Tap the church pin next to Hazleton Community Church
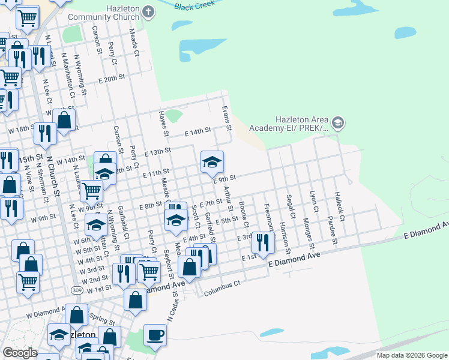[149, 11]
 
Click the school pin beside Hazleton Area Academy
[338, 123]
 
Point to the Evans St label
[227, 119]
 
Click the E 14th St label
[197, 131]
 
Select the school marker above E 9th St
[212, 162]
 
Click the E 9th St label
[224, 178]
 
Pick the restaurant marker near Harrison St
[262, 242]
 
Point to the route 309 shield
[76, 290]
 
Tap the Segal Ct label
[291, 206]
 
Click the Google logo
[20, 353]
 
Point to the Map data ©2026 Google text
[411, 355]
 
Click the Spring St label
[103, 316]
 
